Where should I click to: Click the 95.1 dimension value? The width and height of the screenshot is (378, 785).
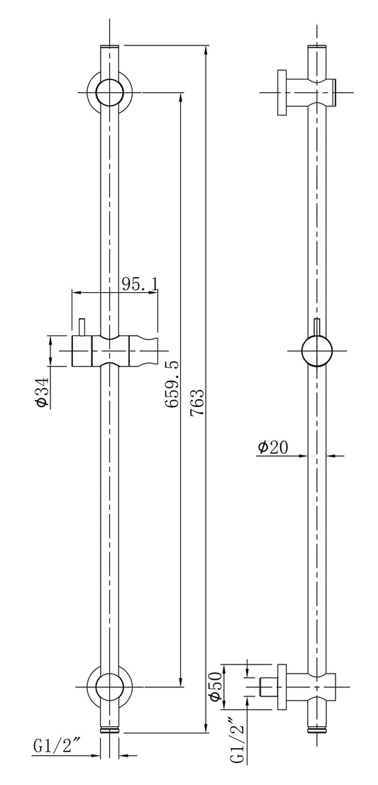[139, 284]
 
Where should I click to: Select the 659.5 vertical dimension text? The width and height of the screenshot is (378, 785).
[170, 384]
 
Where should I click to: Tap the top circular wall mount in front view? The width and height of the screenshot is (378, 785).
[110, 91]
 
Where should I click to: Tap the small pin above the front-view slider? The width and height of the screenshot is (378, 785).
[82, 326]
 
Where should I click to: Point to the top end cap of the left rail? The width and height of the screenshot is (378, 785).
[110, 48]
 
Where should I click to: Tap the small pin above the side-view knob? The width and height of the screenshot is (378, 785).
[316, 327]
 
